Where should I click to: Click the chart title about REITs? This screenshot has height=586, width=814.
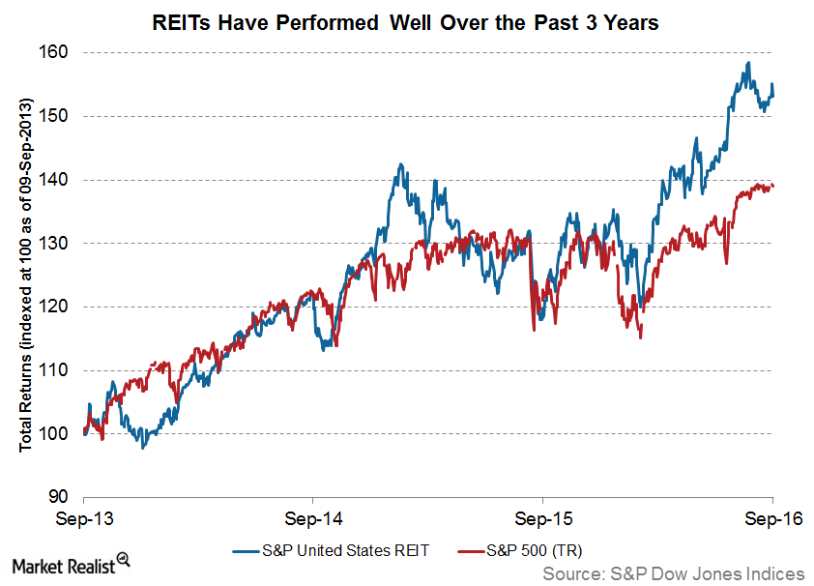tap(406, 21)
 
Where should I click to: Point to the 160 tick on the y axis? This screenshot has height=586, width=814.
tap(55, 52)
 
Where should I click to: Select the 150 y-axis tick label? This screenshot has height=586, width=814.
tap(55, 116)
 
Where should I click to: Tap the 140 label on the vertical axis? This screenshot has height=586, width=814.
tap(55, 180)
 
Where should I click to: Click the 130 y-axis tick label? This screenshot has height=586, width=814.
tap(55, 244)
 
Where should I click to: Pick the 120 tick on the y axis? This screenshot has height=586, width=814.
tap(55, 308)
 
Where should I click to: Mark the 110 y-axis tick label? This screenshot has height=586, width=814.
tap(55, 371)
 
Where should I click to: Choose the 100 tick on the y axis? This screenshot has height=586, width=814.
tap(55, 434)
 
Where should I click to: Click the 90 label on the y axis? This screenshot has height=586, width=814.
tap(60, 498)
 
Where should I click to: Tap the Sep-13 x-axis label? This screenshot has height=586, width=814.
tap(84, 517)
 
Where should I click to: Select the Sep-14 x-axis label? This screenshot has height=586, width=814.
tap(313, 517)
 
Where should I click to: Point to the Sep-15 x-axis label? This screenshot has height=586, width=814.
tap(542, 517)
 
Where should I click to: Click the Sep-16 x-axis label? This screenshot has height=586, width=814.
tap(771, 517)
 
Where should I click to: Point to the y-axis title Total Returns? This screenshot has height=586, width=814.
tap(26, 275)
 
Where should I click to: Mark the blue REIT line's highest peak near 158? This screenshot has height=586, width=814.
tap(748, 64)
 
